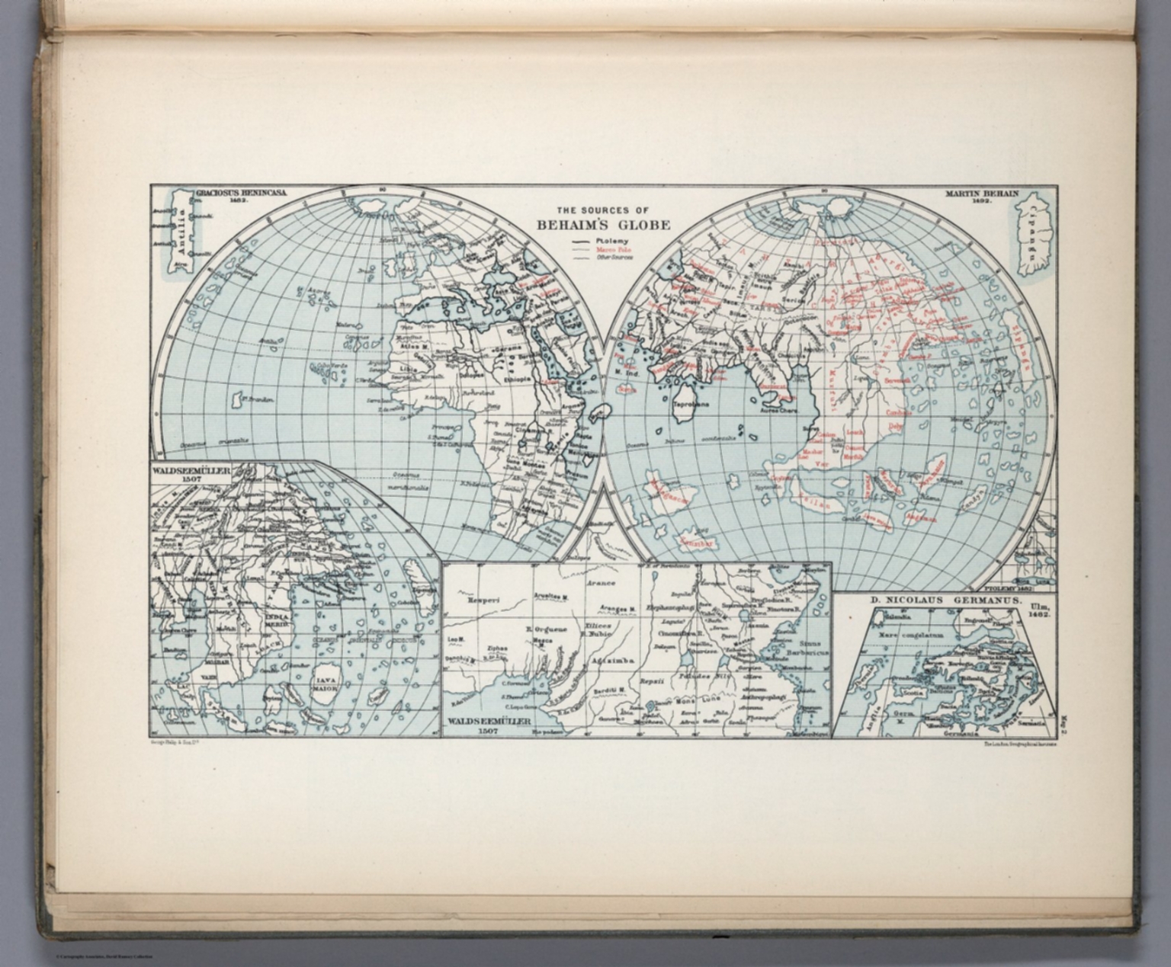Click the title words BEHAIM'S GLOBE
tap(603, 225)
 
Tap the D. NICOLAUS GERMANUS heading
tap(945, 600)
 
